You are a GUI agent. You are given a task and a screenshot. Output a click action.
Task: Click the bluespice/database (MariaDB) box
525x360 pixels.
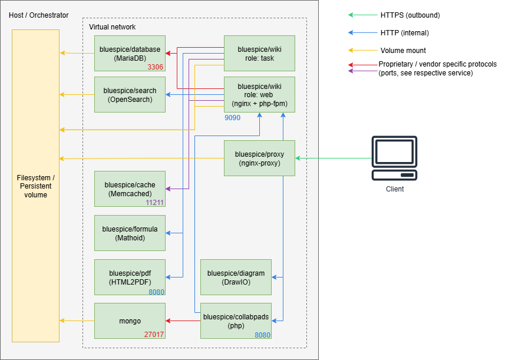[130, 53]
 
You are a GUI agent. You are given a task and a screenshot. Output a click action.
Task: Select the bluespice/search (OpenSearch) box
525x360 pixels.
[130, 94]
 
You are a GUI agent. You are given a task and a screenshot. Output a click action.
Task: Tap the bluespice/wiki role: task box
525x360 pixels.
[259, 53]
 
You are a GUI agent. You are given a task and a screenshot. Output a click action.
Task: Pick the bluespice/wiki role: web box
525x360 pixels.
[259, 94]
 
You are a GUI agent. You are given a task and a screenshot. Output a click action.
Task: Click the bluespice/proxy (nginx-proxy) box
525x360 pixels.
[259, 158]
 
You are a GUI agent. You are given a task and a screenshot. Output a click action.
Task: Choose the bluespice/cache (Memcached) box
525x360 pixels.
[130, 189]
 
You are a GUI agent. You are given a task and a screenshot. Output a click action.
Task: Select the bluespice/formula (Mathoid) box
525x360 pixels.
[130, 233]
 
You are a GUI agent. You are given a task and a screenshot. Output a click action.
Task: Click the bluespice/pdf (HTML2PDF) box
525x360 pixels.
[130, 277]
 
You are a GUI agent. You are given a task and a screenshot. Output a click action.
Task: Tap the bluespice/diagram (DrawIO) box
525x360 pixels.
[236, 277]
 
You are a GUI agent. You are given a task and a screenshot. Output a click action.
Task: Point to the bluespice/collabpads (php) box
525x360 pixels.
[236, 321]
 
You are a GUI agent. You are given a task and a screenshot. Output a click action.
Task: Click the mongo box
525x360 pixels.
[130, 321]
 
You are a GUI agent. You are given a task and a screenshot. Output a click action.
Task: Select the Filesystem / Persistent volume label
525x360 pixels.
[35, 186]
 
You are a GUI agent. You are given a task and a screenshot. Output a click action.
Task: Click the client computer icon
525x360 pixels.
[394, 158]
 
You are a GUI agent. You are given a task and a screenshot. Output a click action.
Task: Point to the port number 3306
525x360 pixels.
[156, 67]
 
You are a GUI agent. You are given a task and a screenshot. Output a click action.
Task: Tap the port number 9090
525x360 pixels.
[232, 118]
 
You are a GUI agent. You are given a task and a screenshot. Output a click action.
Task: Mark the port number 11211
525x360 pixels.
[155, 203]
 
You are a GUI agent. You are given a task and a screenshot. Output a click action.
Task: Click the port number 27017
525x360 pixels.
[154, 335]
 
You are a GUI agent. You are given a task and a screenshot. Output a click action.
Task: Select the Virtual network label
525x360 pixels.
[112, 27]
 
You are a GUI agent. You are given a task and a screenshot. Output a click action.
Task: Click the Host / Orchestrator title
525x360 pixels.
[38, 15]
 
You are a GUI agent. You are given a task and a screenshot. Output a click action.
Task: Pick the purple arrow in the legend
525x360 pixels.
[363, 71]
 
